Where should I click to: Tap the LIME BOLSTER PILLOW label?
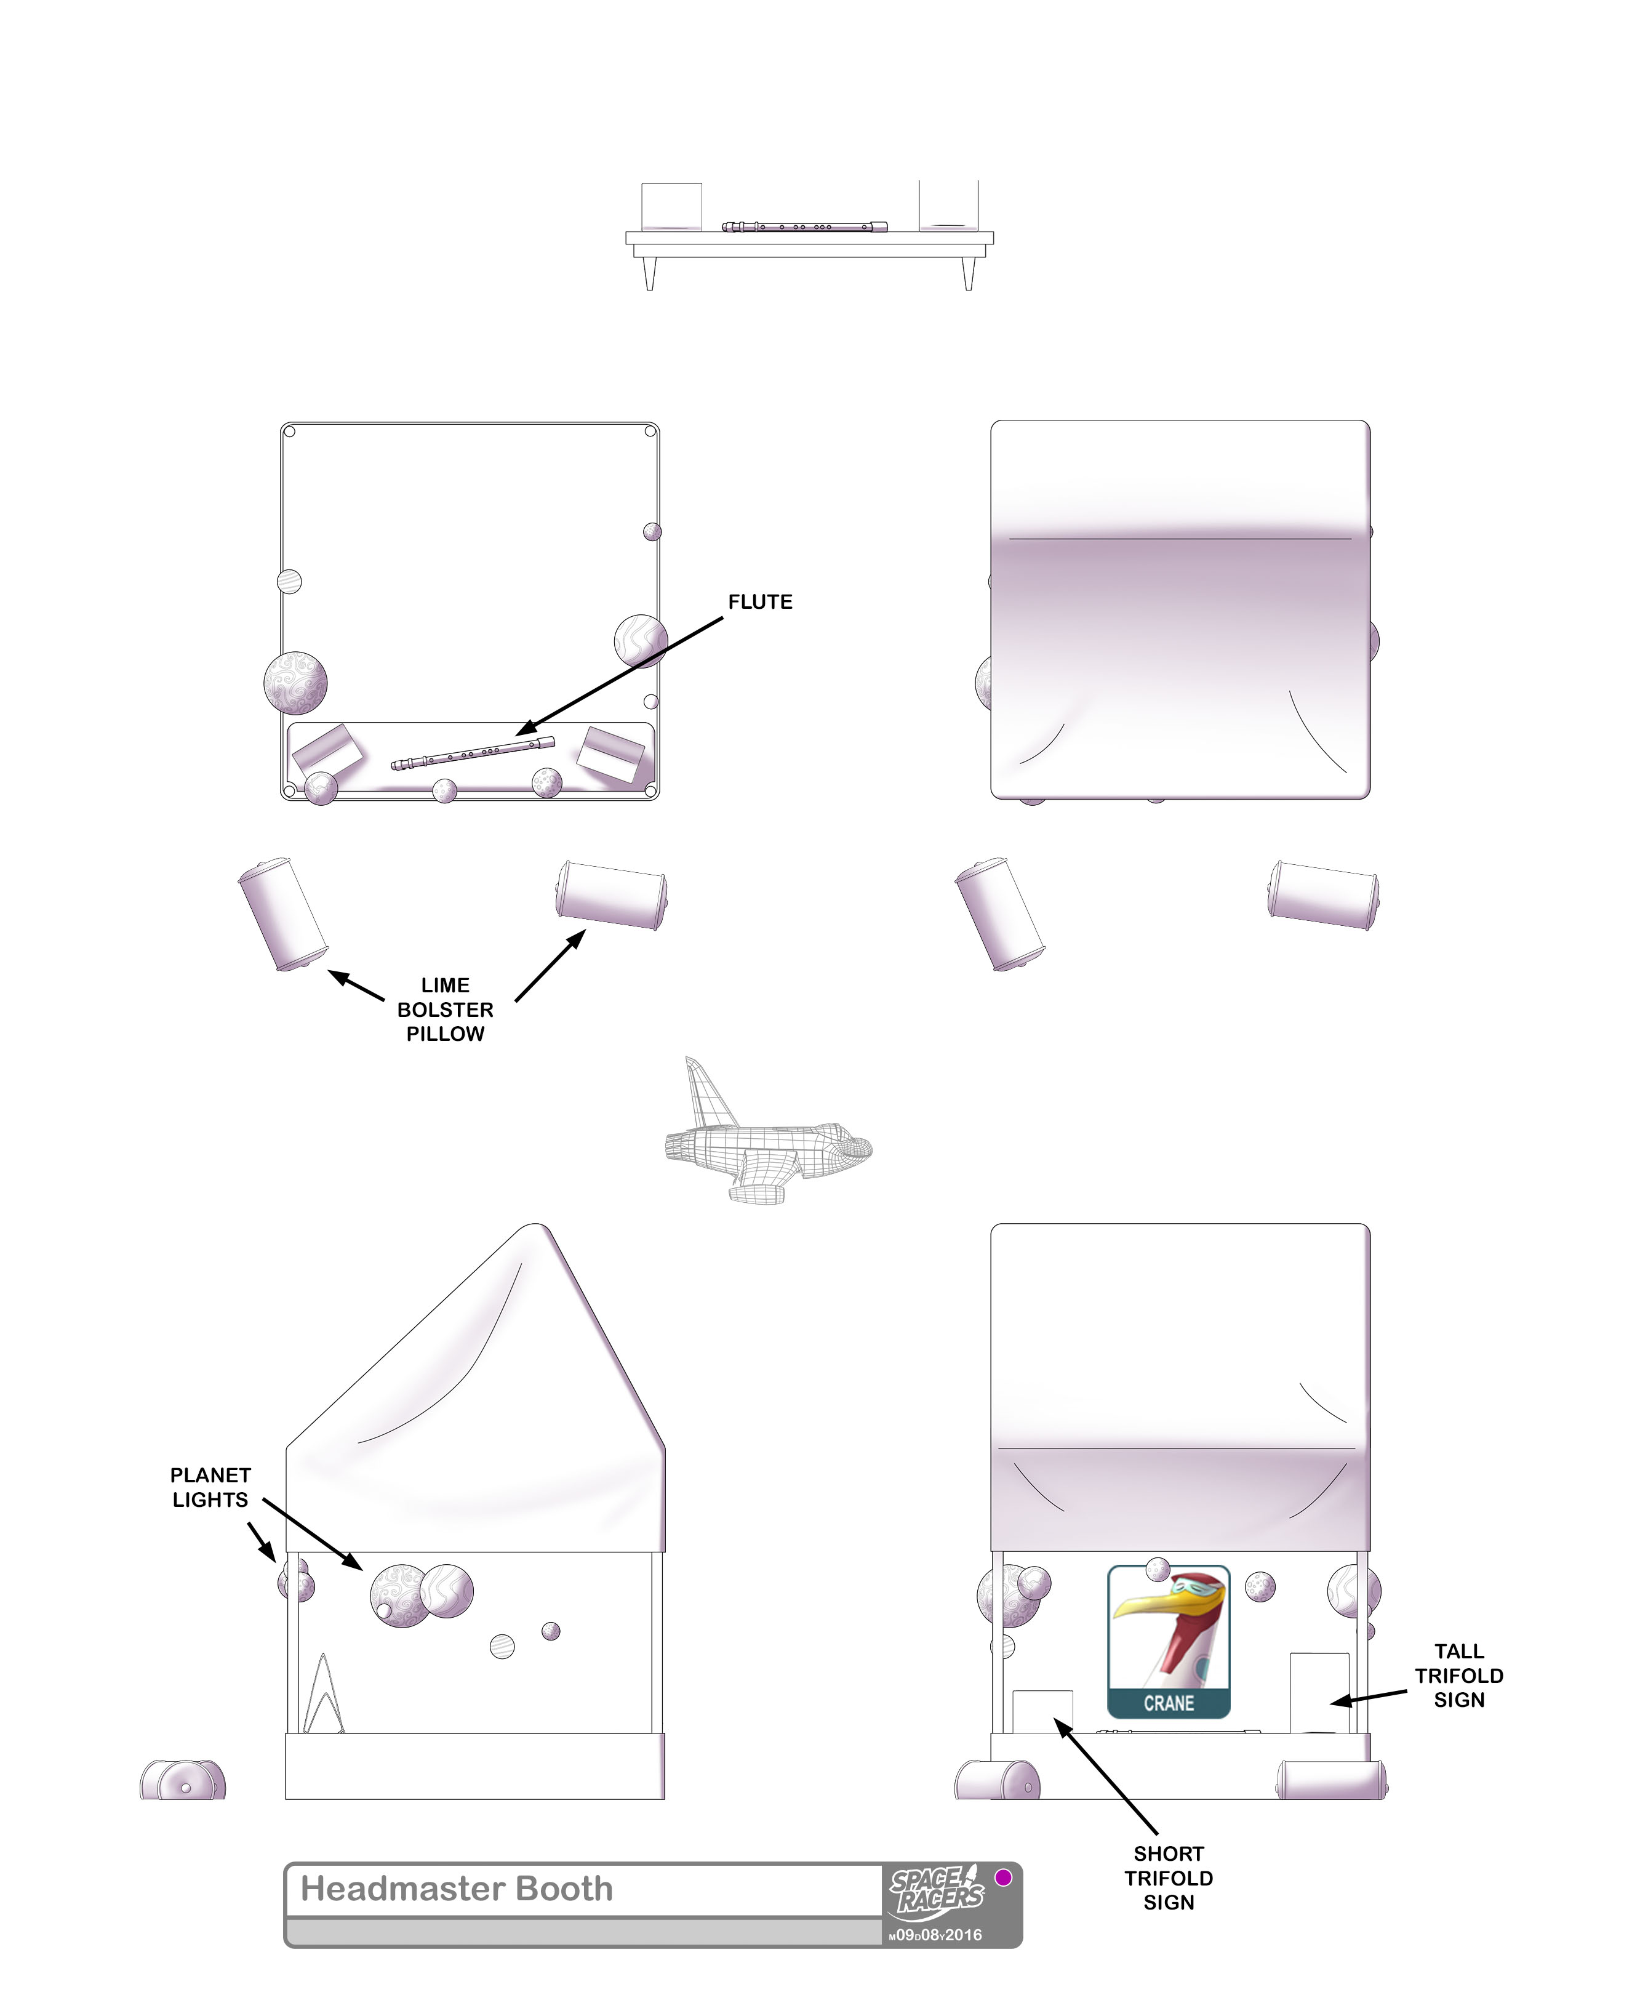tap(445, 1009)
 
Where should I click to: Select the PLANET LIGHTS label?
tap(210, 1487)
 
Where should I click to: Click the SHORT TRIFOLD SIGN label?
tap(1169, 1878)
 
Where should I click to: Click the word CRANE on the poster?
tap(1169, 1703)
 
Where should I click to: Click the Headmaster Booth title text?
tap(456, 1889)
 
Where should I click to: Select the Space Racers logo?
tap(936, 1890)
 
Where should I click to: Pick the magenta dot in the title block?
tap(1003, 1877)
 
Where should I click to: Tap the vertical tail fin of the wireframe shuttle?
tap(706, 1093)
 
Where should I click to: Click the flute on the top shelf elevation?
tap(804, 227)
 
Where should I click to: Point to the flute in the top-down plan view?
tap(473, 753)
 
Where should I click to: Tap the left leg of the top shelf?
tap(649, 272)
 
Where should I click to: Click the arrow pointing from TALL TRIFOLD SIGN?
tap(1369, 1698)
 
